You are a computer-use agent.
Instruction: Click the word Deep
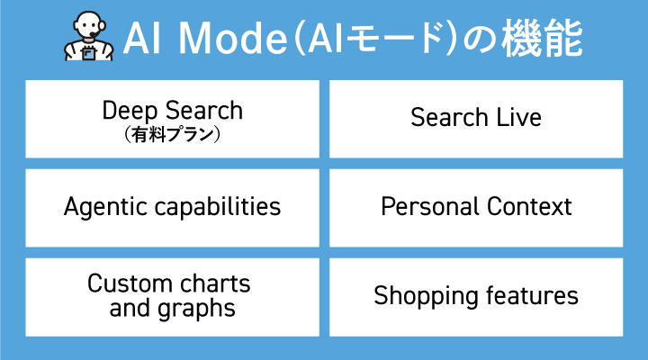(x=130, y=112)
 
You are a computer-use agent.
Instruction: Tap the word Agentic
(x=101, y=207)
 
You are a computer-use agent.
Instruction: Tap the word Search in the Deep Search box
(x=203, y=112)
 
